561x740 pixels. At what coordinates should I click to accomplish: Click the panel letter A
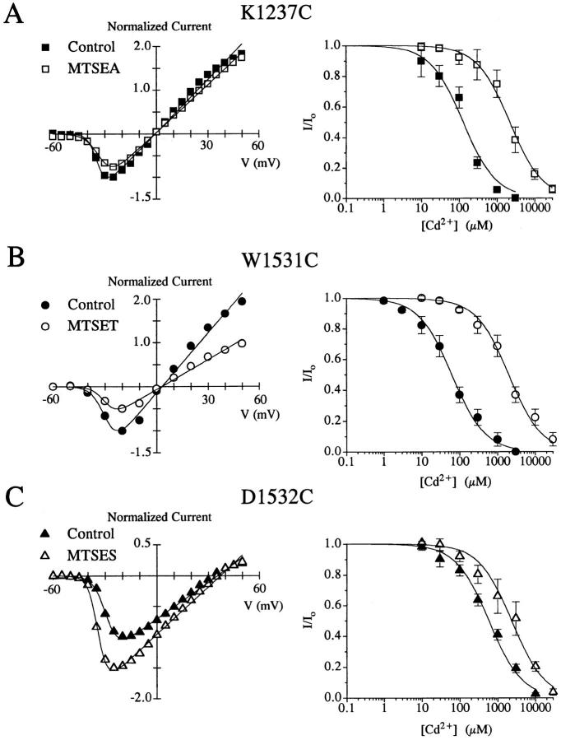coord(14,14)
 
